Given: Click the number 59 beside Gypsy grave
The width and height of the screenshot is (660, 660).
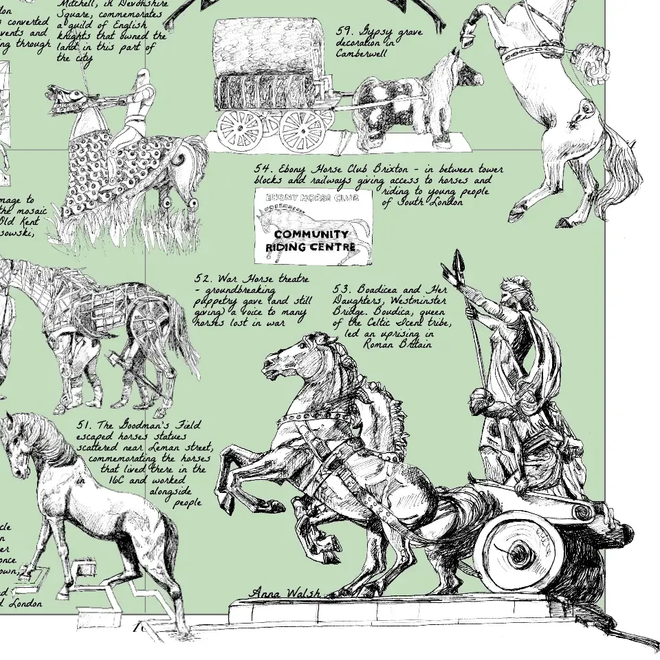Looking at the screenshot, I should (344, 31).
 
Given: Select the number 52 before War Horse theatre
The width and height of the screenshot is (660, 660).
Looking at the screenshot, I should (203, 279).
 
